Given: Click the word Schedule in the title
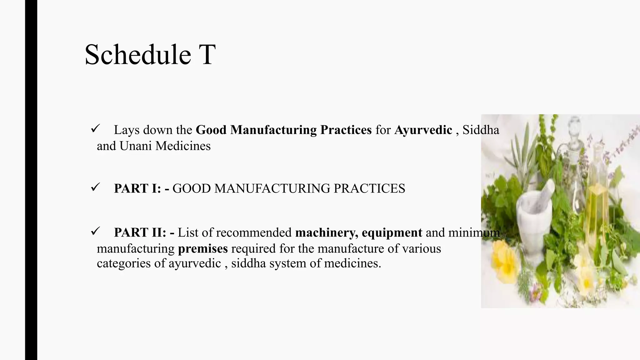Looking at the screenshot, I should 138,55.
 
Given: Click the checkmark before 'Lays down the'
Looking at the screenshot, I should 95,128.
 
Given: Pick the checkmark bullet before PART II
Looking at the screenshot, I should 95,231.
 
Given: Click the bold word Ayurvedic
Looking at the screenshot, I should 423,130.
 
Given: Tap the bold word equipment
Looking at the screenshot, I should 392,232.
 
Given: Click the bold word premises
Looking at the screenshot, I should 203,249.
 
